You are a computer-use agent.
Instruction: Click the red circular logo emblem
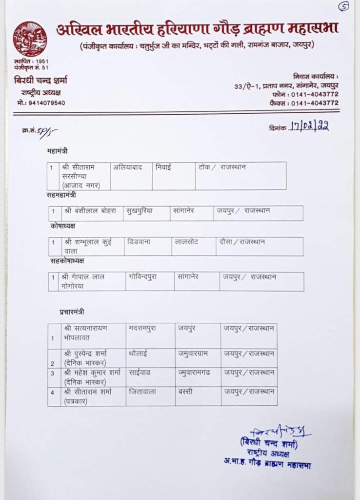point(30,39)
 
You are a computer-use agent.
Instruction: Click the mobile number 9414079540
point(41,103)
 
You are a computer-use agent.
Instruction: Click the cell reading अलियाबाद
point(128,167)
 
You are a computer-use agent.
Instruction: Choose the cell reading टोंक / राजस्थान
point(222,167)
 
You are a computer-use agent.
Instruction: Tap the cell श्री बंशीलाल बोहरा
point(90,211)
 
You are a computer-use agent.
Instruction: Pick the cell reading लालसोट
point(187,242)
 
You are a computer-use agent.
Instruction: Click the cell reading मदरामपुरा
point(142,328)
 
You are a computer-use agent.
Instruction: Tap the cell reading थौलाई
point(139,353)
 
